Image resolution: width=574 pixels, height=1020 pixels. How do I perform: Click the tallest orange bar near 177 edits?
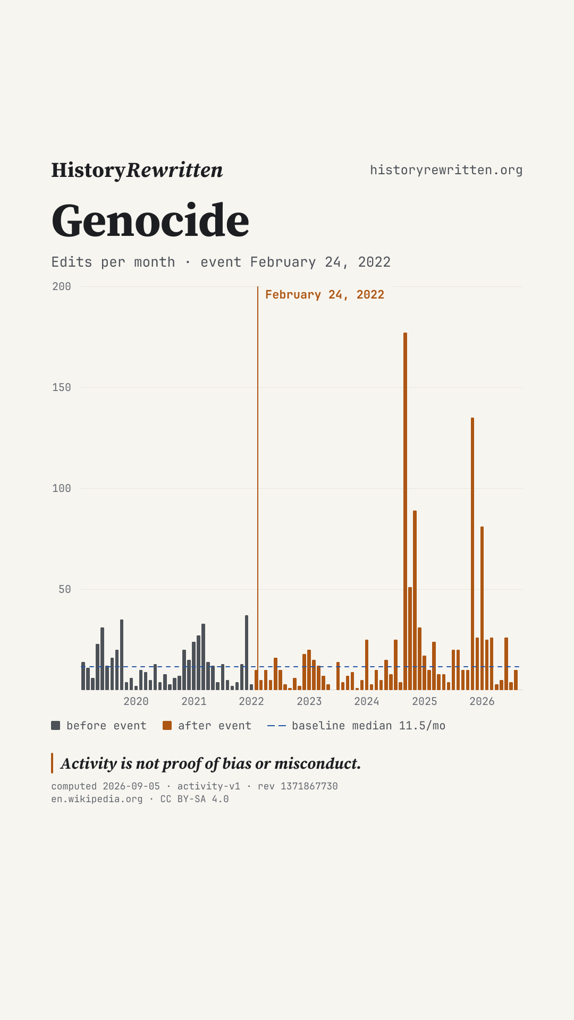[x=405, y=511]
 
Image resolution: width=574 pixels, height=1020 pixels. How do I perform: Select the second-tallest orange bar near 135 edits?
[x=472, y=554]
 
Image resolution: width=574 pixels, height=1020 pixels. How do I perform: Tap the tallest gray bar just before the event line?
[x=247, y=652]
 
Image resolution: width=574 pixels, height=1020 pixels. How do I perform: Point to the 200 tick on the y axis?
[x=62, y=286]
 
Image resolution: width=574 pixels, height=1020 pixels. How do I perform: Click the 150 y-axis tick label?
[x=62, y=387]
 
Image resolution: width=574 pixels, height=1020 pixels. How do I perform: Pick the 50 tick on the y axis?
[x=65, y=589]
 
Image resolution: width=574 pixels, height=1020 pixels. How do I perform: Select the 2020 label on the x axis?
[x=136, y=701]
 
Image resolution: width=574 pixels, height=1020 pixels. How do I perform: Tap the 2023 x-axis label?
[x=309, y=701]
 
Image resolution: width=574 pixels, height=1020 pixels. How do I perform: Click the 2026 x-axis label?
[x=482, y=701]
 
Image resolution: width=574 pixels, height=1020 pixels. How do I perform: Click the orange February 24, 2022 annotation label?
[x=325, y=295]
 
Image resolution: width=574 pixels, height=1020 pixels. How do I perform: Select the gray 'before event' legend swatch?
[x=56, y=726]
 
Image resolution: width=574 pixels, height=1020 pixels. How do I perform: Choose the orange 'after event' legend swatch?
[x=167, y=726]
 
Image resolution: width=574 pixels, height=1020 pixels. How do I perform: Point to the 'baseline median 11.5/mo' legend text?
[x=369, y=726]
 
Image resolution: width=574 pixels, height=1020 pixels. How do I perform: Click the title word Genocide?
[x=150, y=220]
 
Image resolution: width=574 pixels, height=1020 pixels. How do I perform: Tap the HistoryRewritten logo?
[x=137, y=170]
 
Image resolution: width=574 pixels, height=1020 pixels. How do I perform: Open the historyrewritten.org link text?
[x=446, y=170]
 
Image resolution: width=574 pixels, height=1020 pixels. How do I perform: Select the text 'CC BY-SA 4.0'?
[x=195, y=799]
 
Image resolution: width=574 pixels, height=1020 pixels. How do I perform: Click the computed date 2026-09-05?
[x=131, y=786]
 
